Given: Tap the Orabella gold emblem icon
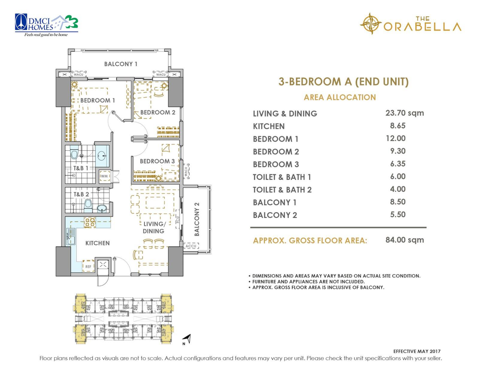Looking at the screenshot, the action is point(371,24).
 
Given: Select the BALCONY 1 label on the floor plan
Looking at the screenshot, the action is point(121,64).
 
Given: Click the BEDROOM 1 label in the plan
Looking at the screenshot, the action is point(98,100).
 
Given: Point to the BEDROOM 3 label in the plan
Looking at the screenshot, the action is point(157,161).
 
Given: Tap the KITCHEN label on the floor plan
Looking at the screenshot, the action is point(98,243).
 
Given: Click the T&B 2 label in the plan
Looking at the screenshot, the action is point(81,194).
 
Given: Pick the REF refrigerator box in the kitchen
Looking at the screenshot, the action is point(88,266).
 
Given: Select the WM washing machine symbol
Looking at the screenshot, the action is point(104,176).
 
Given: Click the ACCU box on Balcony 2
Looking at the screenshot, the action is point(191,246).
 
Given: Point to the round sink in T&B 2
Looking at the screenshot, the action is point(102,208).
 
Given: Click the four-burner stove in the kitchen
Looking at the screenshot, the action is point(90,222).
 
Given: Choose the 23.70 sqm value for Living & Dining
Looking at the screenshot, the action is point(404,113).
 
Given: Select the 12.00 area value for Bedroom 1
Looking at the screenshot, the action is point(396,138).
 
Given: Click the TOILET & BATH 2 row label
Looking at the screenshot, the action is point(282,190).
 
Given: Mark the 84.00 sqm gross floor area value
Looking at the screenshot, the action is point(404,240).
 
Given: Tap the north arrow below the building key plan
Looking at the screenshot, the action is point(187,339).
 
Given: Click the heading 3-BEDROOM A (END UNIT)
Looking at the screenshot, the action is point(343,82).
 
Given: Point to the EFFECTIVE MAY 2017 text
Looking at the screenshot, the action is point(417,351).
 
